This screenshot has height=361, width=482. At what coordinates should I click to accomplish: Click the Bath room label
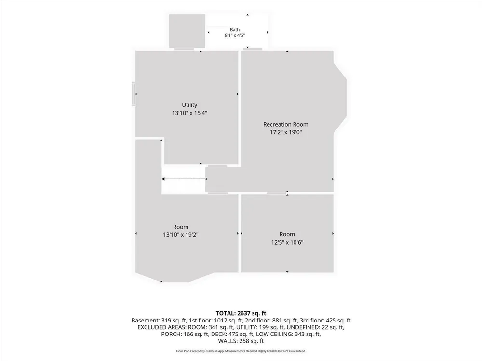pyautogui.click(x=235, y=30)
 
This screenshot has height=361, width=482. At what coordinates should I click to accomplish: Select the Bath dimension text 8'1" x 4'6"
pyautogui.click(x=235, y=35)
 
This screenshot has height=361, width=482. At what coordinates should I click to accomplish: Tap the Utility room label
pyautogui.click(x=189, y=105)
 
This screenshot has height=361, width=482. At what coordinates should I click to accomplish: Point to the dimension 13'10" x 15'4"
pyautogui.click(x=189, y=113)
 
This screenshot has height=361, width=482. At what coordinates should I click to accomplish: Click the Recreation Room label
pyautogui.click(x=285, y=124)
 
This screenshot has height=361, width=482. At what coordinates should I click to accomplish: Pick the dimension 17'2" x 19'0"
pyautogui.click(x=285, y=132)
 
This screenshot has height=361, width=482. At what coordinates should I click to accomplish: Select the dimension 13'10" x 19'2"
pyautogui.click(x=181, y=235)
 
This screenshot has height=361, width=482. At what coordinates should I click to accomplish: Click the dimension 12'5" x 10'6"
pyautogui.click(x=287, y=242)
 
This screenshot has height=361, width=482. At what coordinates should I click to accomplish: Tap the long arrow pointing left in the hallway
pyautogui.click(x=184, y=179)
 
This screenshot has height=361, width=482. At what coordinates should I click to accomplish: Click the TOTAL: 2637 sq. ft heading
pyautogui.click(x=241, y=313)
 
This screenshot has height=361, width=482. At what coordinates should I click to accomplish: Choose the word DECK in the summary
pyautogui.click(x=218, y=334)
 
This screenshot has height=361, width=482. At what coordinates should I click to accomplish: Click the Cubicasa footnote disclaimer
pyautogui.click(x=241, y=351)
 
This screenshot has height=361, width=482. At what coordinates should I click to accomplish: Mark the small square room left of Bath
pyautogui.click(x=187, y=31)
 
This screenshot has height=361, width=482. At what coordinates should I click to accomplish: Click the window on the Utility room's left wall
pyautogui.click(x=134, y=94)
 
